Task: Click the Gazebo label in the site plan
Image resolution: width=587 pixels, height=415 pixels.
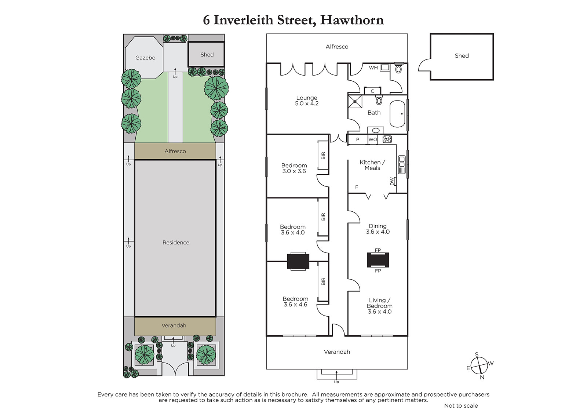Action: (145, 58)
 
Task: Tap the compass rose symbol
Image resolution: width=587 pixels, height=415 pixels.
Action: (479, 366)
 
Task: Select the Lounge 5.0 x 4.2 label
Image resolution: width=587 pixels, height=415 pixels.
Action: (307, 101)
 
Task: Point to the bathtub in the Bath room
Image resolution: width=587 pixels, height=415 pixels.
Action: (397, 114)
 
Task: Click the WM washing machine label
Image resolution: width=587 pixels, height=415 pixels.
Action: (373, 68)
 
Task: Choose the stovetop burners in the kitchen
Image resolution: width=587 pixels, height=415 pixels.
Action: (387, 139)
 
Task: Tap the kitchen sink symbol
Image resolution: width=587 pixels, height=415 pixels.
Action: (402, 165)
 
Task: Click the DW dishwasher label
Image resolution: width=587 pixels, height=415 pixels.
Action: (392, 181)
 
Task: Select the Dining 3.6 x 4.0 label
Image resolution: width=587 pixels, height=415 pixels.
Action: (378, 229)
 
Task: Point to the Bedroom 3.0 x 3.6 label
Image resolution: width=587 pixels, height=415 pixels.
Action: (294, 168)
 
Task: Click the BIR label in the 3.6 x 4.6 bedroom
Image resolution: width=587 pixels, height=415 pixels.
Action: (323, 281)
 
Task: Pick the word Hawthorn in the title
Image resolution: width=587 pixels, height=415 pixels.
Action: (352, 20)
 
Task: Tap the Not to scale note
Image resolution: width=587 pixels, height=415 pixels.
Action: (461, 405)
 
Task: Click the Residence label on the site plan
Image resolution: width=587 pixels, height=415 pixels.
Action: (176, 243)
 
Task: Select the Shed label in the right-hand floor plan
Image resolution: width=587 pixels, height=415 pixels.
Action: (462, 55)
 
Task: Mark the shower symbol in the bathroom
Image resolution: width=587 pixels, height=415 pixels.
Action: (355, 101)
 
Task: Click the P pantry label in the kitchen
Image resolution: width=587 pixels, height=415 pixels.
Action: (357, 139)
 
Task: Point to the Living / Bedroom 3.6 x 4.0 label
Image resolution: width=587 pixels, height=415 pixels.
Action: (379, 306)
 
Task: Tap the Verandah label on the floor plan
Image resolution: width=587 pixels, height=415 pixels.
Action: (337, 352)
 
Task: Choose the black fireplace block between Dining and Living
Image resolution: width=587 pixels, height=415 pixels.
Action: (378, 260)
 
